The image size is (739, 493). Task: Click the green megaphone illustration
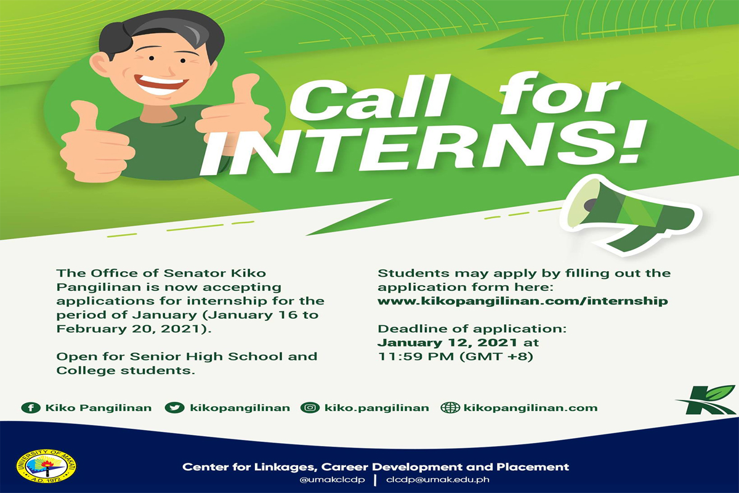pos(630,216)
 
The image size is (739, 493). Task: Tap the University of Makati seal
pos(46,466)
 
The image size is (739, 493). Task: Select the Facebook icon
pos(31,408)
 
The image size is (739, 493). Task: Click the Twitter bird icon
pos(174,408)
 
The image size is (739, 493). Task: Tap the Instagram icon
pos(310,408)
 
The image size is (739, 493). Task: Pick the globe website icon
pos(450,408)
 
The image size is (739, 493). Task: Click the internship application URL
pos(523,301)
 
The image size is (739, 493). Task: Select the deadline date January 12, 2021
pos(447,343)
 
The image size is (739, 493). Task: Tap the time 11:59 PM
pos(416,357)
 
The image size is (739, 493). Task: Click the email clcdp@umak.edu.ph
pos(438,479)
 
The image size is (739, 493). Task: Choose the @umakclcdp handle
pos(332,479)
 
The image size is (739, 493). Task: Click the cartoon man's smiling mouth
pos(161,84)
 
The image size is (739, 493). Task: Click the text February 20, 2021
pos(129,329)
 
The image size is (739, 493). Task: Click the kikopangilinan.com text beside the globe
pos(530,408)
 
